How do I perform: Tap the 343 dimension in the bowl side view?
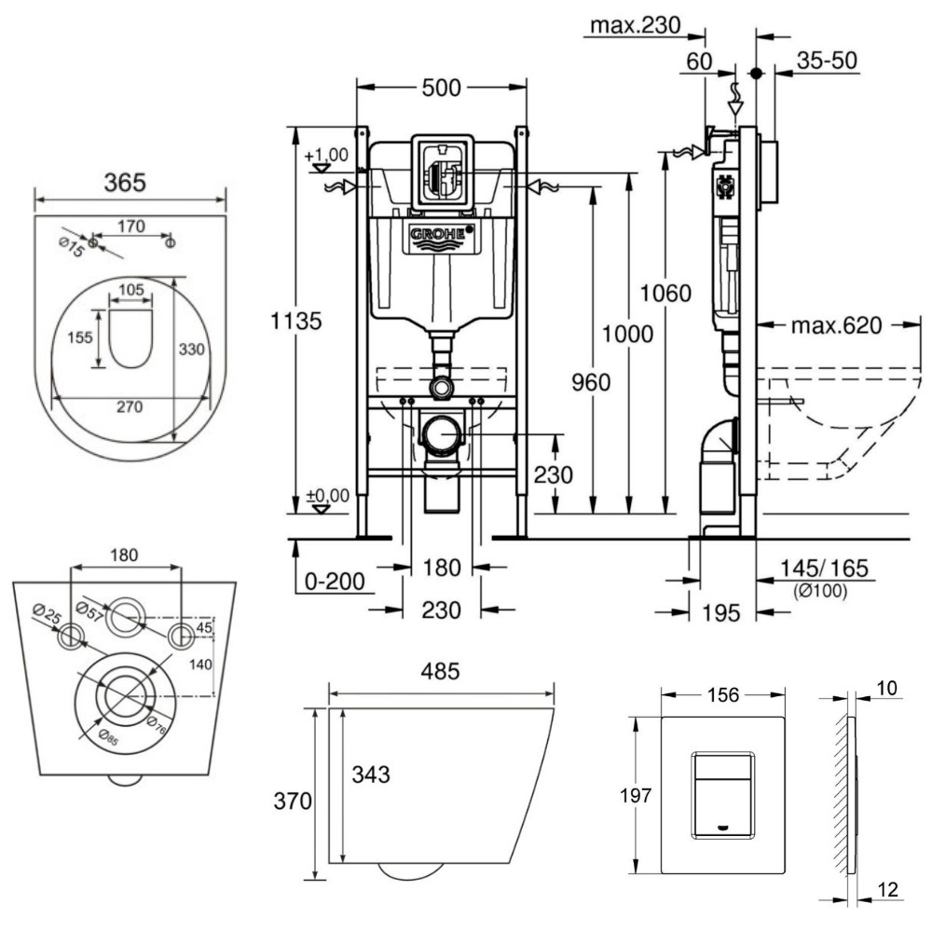point(370,774)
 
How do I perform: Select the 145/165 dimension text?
point(817,569)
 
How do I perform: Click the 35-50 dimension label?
point(828,62)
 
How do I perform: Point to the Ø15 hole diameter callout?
point(70,245)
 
